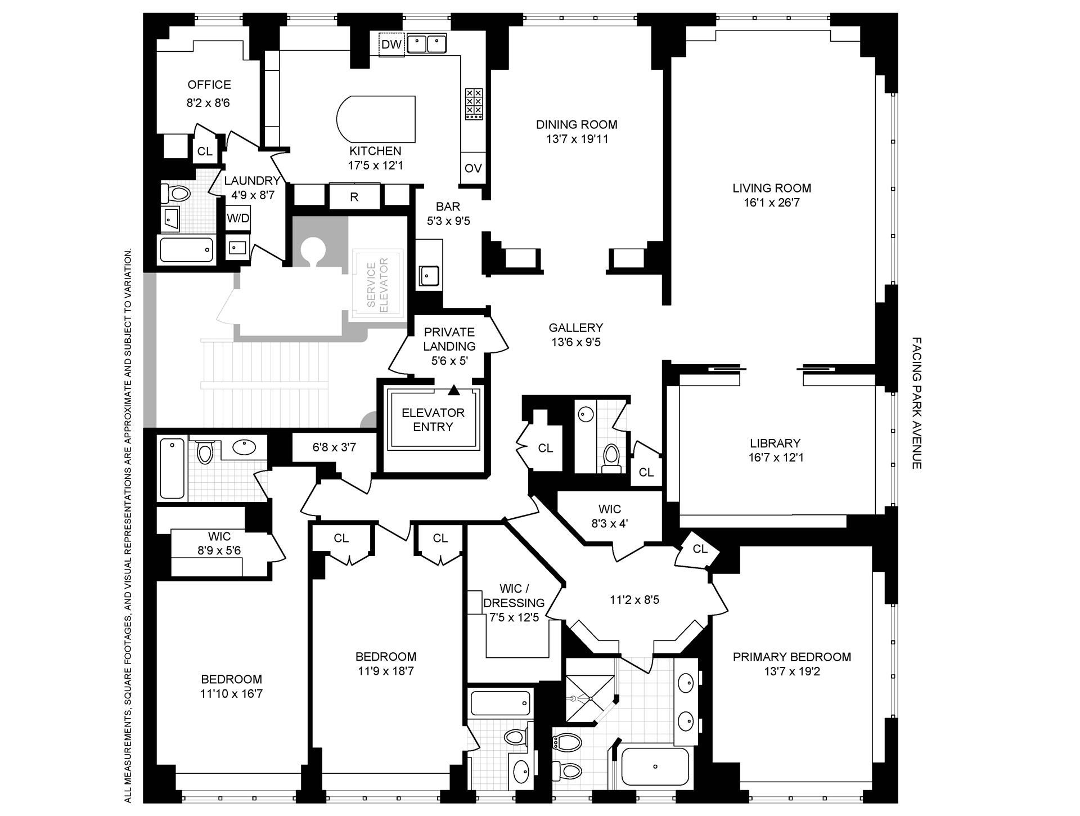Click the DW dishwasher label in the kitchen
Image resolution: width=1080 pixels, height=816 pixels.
[x=391, y=44]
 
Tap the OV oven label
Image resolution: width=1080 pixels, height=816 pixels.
[x=473, y=168]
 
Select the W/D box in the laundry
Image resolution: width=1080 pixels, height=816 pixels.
[x=238, y=218]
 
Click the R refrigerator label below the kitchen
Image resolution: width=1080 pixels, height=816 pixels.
[x=354, y=197]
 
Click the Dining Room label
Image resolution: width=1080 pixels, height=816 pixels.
[x=576, y=124]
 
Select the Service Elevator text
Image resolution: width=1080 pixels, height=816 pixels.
[x=377, y=285]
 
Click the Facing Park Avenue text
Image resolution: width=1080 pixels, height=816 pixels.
[x=916, y=403]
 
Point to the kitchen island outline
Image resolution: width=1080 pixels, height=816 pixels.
[x=376, y=120]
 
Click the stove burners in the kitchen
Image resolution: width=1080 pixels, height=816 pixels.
[x=474, y=104]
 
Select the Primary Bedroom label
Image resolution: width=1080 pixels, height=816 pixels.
[x=791, y=657]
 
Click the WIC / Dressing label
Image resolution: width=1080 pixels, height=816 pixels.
[x=514, y=595]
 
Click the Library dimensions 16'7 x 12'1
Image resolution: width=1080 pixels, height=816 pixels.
[x=776, y=458]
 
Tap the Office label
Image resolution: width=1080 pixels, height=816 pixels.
[x=209, y=85]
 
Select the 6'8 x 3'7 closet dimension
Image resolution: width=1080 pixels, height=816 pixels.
[x=334, y=448]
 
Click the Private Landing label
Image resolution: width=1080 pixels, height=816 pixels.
[x=449, y=339]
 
